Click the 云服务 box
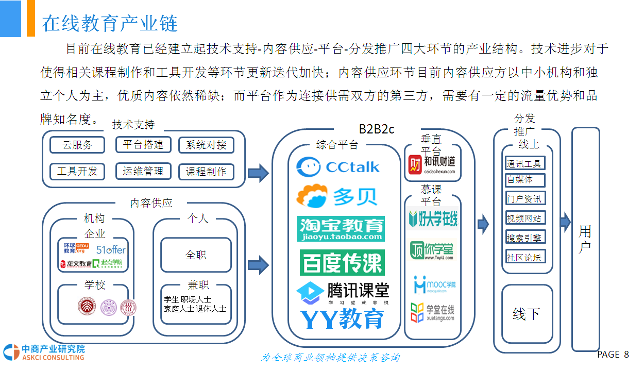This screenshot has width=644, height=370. [x=77, y=145]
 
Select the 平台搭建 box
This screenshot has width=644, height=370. [x=143, y=145]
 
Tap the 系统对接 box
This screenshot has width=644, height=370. [x=206, y=145]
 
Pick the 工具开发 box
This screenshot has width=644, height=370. [x=77, y=171]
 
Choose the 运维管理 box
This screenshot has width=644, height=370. [x=143, y=171]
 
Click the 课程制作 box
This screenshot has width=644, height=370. [x=206, y=172]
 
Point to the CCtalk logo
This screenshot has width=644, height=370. [x=338, y=166]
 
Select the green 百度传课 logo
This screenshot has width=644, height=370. [x=342, y=263]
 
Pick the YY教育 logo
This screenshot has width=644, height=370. [x=342, y=319]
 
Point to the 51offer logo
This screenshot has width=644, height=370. [x=111, y=249]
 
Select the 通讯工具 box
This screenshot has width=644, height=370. [x=524, y=164]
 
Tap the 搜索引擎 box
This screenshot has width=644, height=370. [x=524, y=238]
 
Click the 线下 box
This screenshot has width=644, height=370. [x=527, y=313]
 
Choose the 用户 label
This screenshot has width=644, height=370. [x=585, y=239]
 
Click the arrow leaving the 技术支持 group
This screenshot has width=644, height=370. [x=258, y=173]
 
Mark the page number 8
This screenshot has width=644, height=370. [x=626, y=355]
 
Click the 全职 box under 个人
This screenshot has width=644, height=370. [x=196, y=255]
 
